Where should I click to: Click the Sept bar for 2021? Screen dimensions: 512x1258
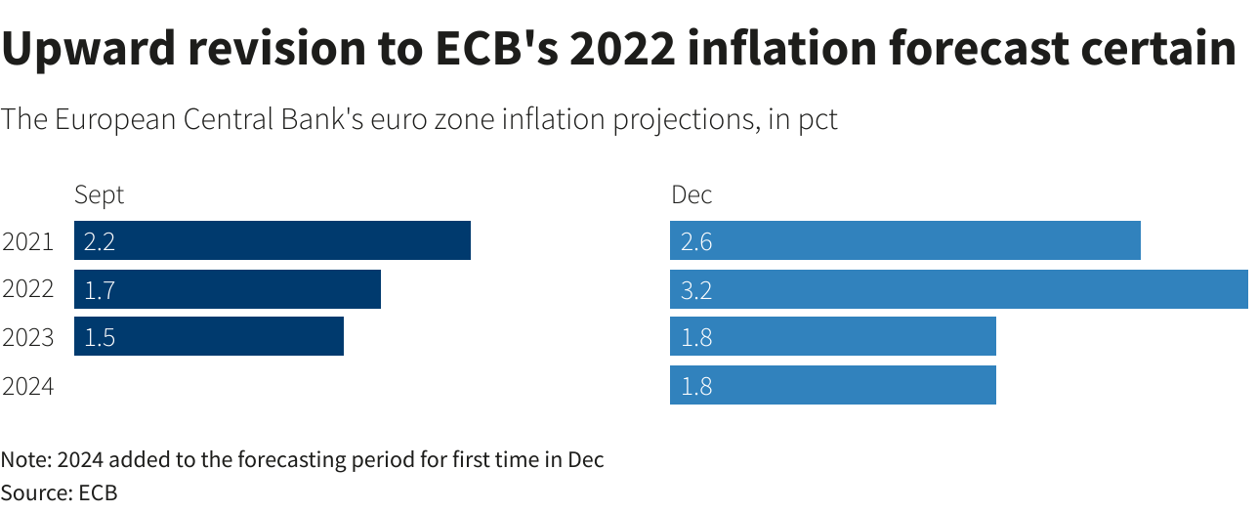tap(273, 240)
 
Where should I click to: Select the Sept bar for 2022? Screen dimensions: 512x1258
tap(228, 289)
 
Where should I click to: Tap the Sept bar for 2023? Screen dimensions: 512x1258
tap(209, 336)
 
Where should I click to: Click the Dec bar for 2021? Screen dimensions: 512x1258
tap(905, 240)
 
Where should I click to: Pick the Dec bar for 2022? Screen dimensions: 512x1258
tap(958, 289)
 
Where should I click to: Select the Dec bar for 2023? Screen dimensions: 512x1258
tap(833, 336)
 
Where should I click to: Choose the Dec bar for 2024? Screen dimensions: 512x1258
tap(833, 385)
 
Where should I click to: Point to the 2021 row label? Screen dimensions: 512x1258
tap(27, 241)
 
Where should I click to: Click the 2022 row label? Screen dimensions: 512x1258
tap(27, 289)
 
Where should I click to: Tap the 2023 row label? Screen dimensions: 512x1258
tap(27, 337)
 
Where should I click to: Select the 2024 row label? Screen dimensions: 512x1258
tap(27, 386)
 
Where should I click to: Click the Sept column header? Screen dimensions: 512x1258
tap(100, 194)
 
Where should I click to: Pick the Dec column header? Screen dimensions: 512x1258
tap(692, 194)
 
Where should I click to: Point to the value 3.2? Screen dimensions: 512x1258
tap(696, 290)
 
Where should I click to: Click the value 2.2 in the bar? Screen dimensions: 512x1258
tap(100, 241)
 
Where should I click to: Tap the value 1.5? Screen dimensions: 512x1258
tap(100, 337)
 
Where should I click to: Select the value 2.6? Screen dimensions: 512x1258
tap(696, 241)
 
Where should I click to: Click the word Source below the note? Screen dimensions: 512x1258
tap(32, 492)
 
